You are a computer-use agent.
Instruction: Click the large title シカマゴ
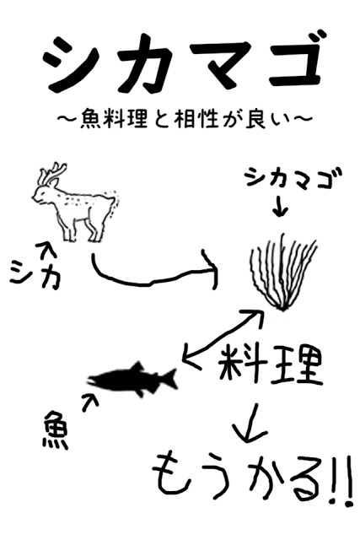pyautogui.click(x=180, y=65)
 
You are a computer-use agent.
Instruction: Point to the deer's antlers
pyautogui.click(x=52, y=176)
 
